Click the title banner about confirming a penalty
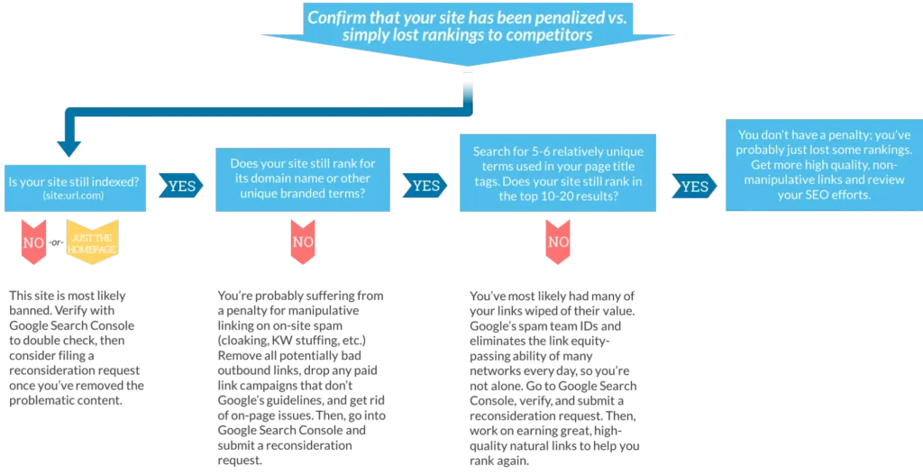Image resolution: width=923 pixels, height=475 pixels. coord(468,32)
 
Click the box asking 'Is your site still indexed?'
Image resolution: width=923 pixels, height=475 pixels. coord(76,187)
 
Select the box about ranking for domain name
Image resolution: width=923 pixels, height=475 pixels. coord(303,179)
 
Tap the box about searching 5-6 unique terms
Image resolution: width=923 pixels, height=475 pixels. coord(558,172)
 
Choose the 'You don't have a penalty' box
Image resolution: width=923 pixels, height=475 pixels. coord(824,165)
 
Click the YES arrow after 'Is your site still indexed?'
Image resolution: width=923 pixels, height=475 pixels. coord(181,186)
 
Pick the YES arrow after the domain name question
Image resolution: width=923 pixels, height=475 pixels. coord(425,186)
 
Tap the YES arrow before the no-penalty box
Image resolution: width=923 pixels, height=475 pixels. coord(695,187)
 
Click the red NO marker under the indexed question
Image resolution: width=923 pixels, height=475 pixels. coord(33,242)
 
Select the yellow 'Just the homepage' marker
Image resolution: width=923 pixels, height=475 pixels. coord(92,242)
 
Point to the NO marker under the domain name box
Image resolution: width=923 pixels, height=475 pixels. coord(303,242)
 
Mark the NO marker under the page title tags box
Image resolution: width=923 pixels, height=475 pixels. coord(558,242)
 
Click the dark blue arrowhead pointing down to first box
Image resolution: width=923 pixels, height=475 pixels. coord(69,149)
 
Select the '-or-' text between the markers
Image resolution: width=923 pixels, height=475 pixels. coord(56,242)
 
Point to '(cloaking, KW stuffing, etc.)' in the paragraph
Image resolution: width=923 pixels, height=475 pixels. coord(292,340)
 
